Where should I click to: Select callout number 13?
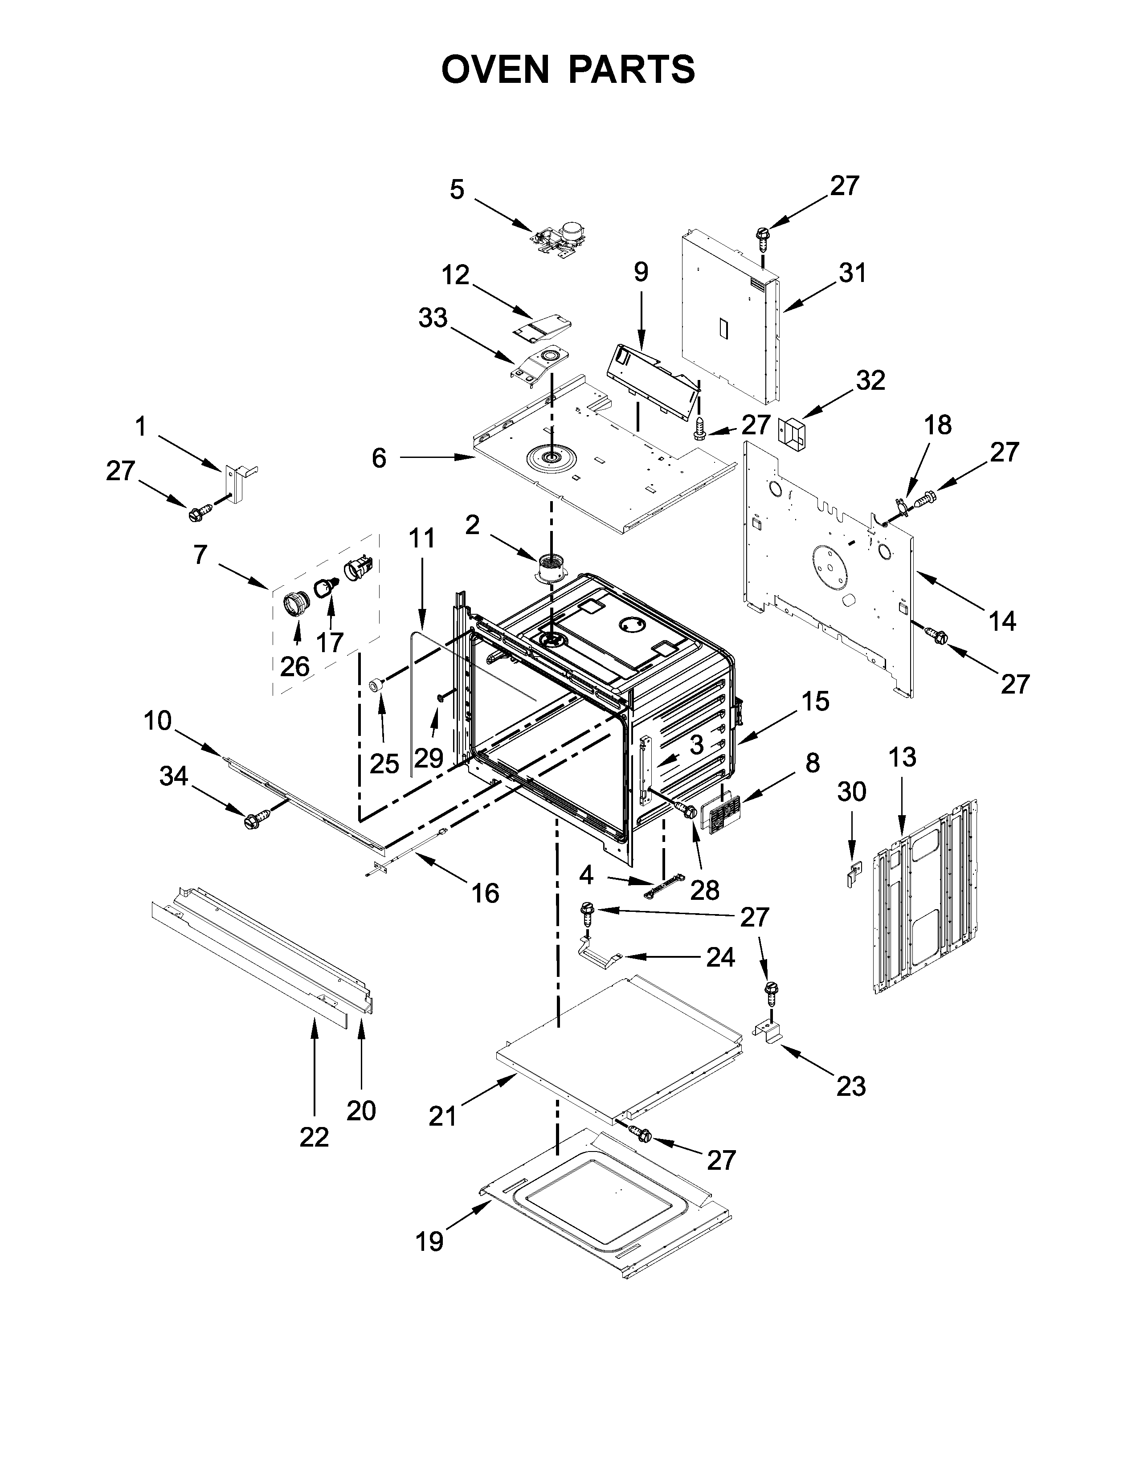(x=902, y=757)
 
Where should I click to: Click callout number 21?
(x=442, y=1117)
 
